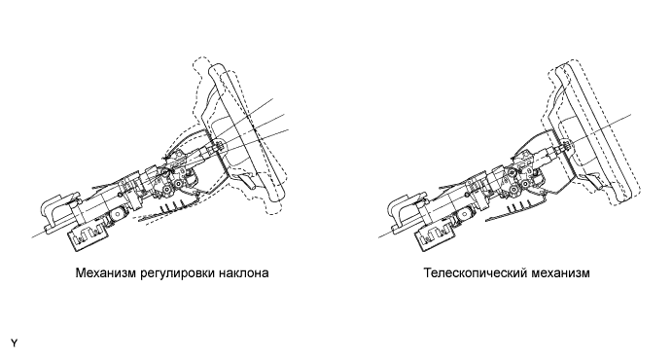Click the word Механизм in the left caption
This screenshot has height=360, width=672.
pos(106,273)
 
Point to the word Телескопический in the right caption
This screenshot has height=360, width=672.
pos(477,273)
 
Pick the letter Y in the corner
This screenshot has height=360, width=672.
pos(15,343)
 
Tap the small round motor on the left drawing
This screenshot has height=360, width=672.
pos(118,214)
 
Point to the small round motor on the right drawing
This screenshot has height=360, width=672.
pos(465,214)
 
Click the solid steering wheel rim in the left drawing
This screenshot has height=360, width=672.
pos(247,132)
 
